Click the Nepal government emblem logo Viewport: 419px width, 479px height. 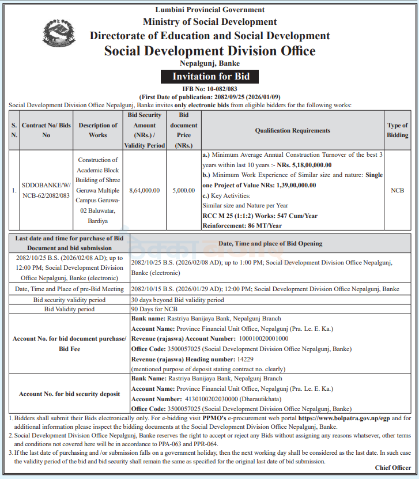(58, 34)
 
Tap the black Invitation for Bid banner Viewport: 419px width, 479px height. (210, 77)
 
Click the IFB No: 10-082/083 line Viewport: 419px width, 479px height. (210, 89)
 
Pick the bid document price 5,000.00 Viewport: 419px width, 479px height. (183, 190)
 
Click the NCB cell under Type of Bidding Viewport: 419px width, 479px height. (397, 190)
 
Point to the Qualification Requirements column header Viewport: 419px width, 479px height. (292, 130)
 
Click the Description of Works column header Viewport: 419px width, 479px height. (97, 130)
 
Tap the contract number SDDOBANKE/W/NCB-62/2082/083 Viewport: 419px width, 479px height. (46, 191)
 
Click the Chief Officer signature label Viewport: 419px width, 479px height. (393, 467)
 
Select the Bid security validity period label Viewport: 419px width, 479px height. (70, 300)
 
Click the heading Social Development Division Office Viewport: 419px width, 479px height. (210, 51)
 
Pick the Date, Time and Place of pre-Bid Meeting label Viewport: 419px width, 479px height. (70, 289)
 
